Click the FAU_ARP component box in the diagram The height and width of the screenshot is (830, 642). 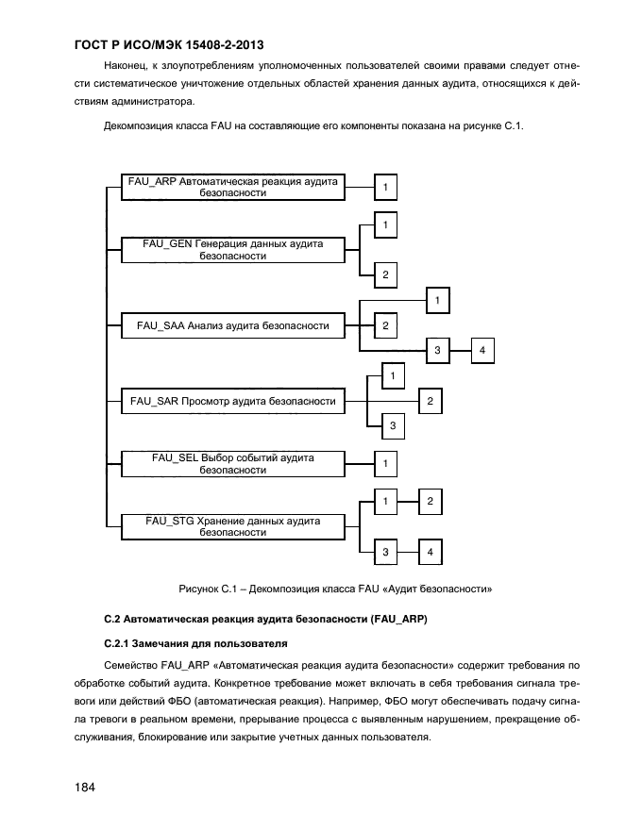pos(232,187)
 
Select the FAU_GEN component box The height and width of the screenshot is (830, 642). pos(232,250)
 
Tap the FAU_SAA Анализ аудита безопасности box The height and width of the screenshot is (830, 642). pos(232,325)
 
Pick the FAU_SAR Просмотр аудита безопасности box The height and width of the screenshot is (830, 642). pos(232,402)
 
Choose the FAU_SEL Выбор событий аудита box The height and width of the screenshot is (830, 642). pos(232,463)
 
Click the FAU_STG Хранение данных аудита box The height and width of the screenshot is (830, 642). pos(232,526)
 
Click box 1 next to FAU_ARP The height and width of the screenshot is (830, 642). pos(385,188)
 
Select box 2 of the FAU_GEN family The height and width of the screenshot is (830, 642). pos(385,274)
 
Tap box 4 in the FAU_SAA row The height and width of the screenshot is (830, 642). pos(481,350)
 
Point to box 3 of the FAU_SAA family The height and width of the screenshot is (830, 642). pos(437,350)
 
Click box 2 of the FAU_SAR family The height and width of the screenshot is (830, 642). pos(430,402)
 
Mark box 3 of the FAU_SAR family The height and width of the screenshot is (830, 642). pos(393,426)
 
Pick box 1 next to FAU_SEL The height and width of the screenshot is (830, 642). pos(385,463)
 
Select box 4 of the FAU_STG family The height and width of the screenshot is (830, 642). pos(430,551)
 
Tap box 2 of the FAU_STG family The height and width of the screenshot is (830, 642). pos(430,501)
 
